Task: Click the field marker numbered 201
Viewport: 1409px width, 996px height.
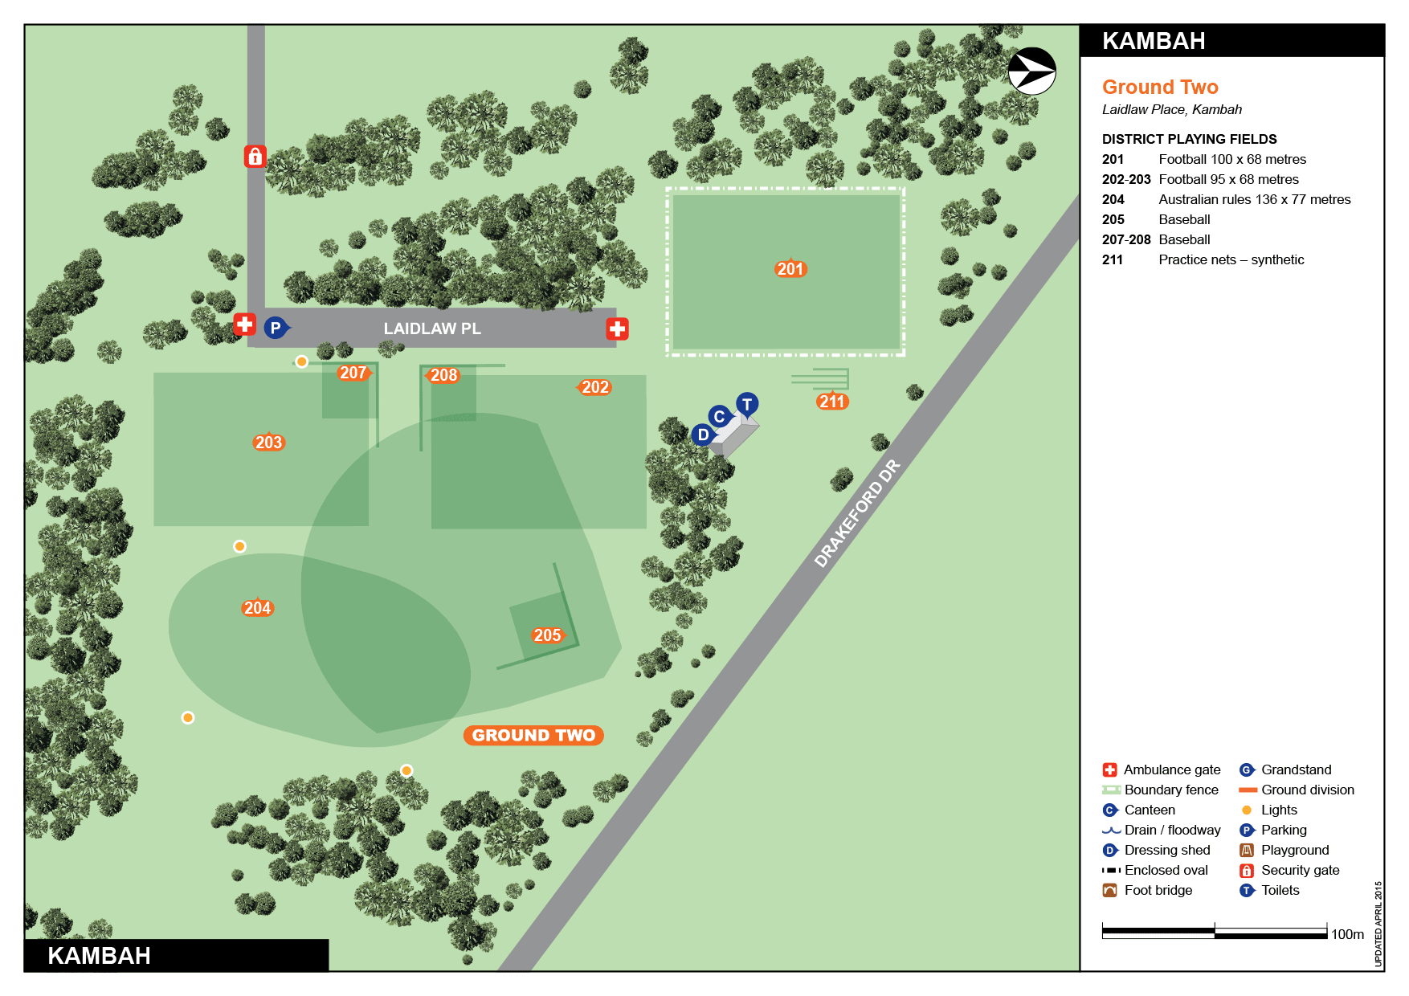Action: coord(790,269)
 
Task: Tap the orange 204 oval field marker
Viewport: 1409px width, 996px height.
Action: coord(258,608)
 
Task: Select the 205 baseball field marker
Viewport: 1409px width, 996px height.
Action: coord(548,635)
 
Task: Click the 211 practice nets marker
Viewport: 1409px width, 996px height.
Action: coord(832,402)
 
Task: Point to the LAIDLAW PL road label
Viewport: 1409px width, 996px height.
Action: coord(432,329)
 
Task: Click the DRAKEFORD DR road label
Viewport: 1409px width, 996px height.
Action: coord(856,513)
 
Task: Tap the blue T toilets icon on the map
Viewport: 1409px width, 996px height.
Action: coord(747,404)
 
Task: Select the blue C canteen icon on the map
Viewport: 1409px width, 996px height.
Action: coord(719,416)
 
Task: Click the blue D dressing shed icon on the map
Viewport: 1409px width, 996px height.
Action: coord(703,435)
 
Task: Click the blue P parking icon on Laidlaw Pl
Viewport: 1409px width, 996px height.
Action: coord(276,328)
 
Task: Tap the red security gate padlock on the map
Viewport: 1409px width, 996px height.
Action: coord(255,156)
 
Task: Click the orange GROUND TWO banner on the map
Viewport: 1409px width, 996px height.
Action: coord(533,735)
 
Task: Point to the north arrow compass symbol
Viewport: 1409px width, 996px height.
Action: coord(1031,71)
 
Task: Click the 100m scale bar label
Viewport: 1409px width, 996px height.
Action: coord(1347,934)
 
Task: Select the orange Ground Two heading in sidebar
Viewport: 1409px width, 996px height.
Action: coord(1160,87)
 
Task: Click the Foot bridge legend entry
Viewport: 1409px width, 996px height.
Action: coord(1158,890)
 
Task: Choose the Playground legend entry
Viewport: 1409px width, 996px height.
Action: coord(1294,850)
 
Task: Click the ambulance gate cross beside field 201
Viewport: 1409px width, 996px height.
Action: coord(617,329)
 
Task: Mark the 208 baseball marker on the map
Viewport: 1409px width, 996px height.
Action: coord(443,375)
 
